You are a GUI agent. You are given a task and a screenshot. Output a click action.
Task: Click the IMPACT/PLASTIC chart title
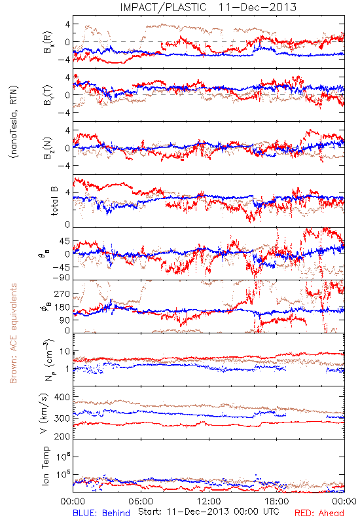(208, 7)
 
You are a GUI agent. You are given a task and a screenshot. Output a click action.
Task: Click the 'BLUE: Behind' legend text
(101, 513)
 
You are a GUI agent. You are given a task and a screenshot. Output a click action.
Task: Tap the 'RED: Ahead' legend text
(319, 513)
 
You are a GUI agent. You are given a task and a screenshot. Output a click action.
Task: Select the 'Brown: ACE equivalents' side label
(13, 333)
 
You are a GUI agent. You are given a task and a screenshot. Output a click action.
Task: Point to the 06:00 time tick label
(141, 501)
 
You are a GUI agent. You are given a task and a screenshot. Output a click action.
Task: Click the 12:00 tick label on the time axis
(209, 501)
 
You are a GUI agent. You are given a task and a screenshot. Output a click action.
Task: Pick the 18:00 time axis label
(277, 501)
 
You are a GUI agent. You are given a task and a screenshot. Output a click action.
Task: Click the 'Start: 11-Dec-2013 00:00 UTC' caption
(209, 512)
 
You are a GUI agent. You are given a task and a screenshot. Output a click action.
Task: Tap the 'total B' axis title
(54, 201)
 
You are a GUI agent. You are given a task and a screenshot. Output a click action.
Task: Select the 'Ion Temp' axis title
(45, 466)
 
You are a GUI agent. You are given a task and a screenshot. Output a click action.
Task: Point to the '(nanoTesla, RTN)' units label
(14, 122)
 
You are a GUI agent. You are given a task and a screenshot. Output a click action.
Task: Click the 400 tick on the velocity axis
(62, 398)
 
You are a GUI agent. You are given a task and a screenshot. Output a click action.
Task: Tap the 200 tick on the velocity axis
(62, 436)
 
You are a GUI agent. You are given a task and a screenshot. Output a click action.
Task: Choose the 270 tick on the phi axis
(62, 294)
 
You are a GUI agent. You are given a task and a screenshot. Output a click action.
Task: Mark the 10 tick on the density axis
(65, 352)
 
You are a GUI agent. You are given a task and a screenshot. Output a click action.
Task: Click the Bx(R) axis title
(48, 42)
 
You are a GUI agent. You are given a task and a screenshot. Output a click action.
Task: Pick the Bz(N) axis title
(48, 148)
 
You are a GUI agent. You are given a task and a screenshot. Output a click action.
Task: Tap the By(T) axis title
(48, 95)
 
